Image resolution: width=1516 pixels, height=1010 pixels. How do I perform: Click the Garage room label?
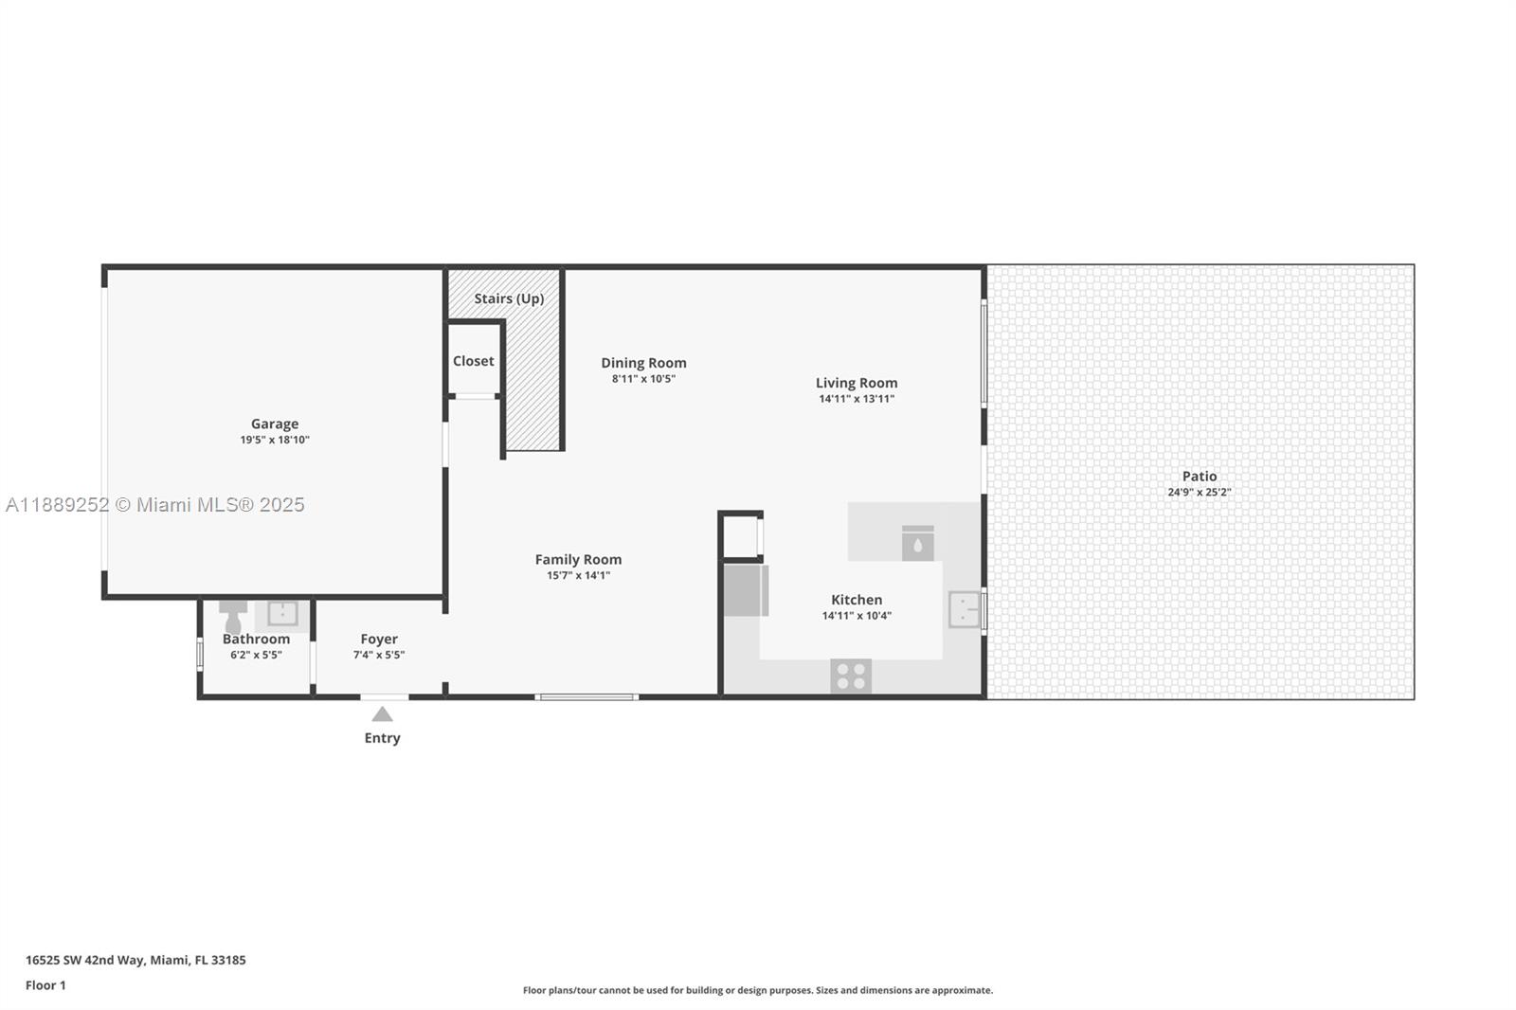pyautogui.click(x=275, y=424)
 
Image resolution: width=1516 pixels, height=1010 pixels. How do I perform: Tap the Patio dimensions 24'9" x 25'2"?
pyautogui.click(x=1199, y=492)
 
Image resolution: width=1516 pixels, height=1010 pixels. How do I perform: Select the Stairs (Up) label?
pyautogui.click(x=509, y=298)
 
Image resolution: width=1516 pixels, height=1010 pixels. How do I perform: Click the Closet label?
pyautogui.click(x=473, y=361)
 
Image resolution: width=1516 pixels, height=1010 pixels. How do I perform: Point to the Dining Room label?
pyautogui.click(x=643, y=363)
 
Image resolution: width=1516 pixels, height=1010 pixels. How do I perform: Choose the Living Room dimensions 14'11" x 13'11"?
pyautogui.click(x=857, y=399)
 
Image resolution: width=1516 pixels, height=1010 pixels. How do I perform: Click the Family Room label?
pyautogui.click(x=578, y=560)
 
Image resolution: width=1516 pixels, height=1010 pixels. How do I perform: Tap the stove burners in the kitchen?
pyautogui.click(x=851, y=676)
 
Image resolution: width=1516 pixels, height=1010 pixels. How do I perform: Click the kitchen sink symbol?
pyautogui.click(x=964, y=609)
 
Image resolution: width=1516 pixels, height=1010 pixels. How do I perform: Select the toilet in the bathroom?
pyautogui.click(x=233, y=617)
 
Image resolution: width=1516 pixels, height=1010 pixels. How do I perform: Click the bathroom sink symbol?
pyautogui.click(x=282, y=613)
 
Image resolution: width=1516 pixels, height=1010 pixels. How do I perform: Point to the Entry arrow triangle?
pyautogui.click(x=382, y=714)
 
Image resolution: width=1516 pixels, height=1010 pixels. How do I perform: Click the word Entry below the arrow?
pyautogui.click(x=382, y=738)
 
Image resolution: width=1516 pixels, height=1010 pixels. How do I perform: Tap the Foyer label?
pyautogui.click(x=379, y=640)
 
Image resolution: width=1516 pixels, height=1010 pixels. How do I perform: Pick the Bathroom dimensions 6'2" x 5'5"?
pyautogui.click(x=256, y=655)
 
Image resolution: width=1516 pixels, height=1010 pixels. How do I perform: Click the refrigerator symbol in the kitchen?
pyautogui.click(x=746, y=590)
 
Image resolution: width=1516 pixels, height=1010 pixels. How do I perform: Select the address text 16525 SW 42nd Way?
pyautogui.click(x=84, y=960)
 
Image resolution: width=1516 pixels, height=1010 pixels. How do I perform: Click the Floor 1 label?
pyautogui.click(x=45, y=985)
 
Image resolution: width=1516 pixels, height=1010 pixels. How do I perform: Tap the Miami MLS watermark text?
pyautogui.click(x=155, y=505)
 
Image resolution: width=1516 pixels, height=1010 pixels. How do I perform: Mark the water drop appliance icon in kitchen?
pyautogui.click(x=917, y=545)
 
